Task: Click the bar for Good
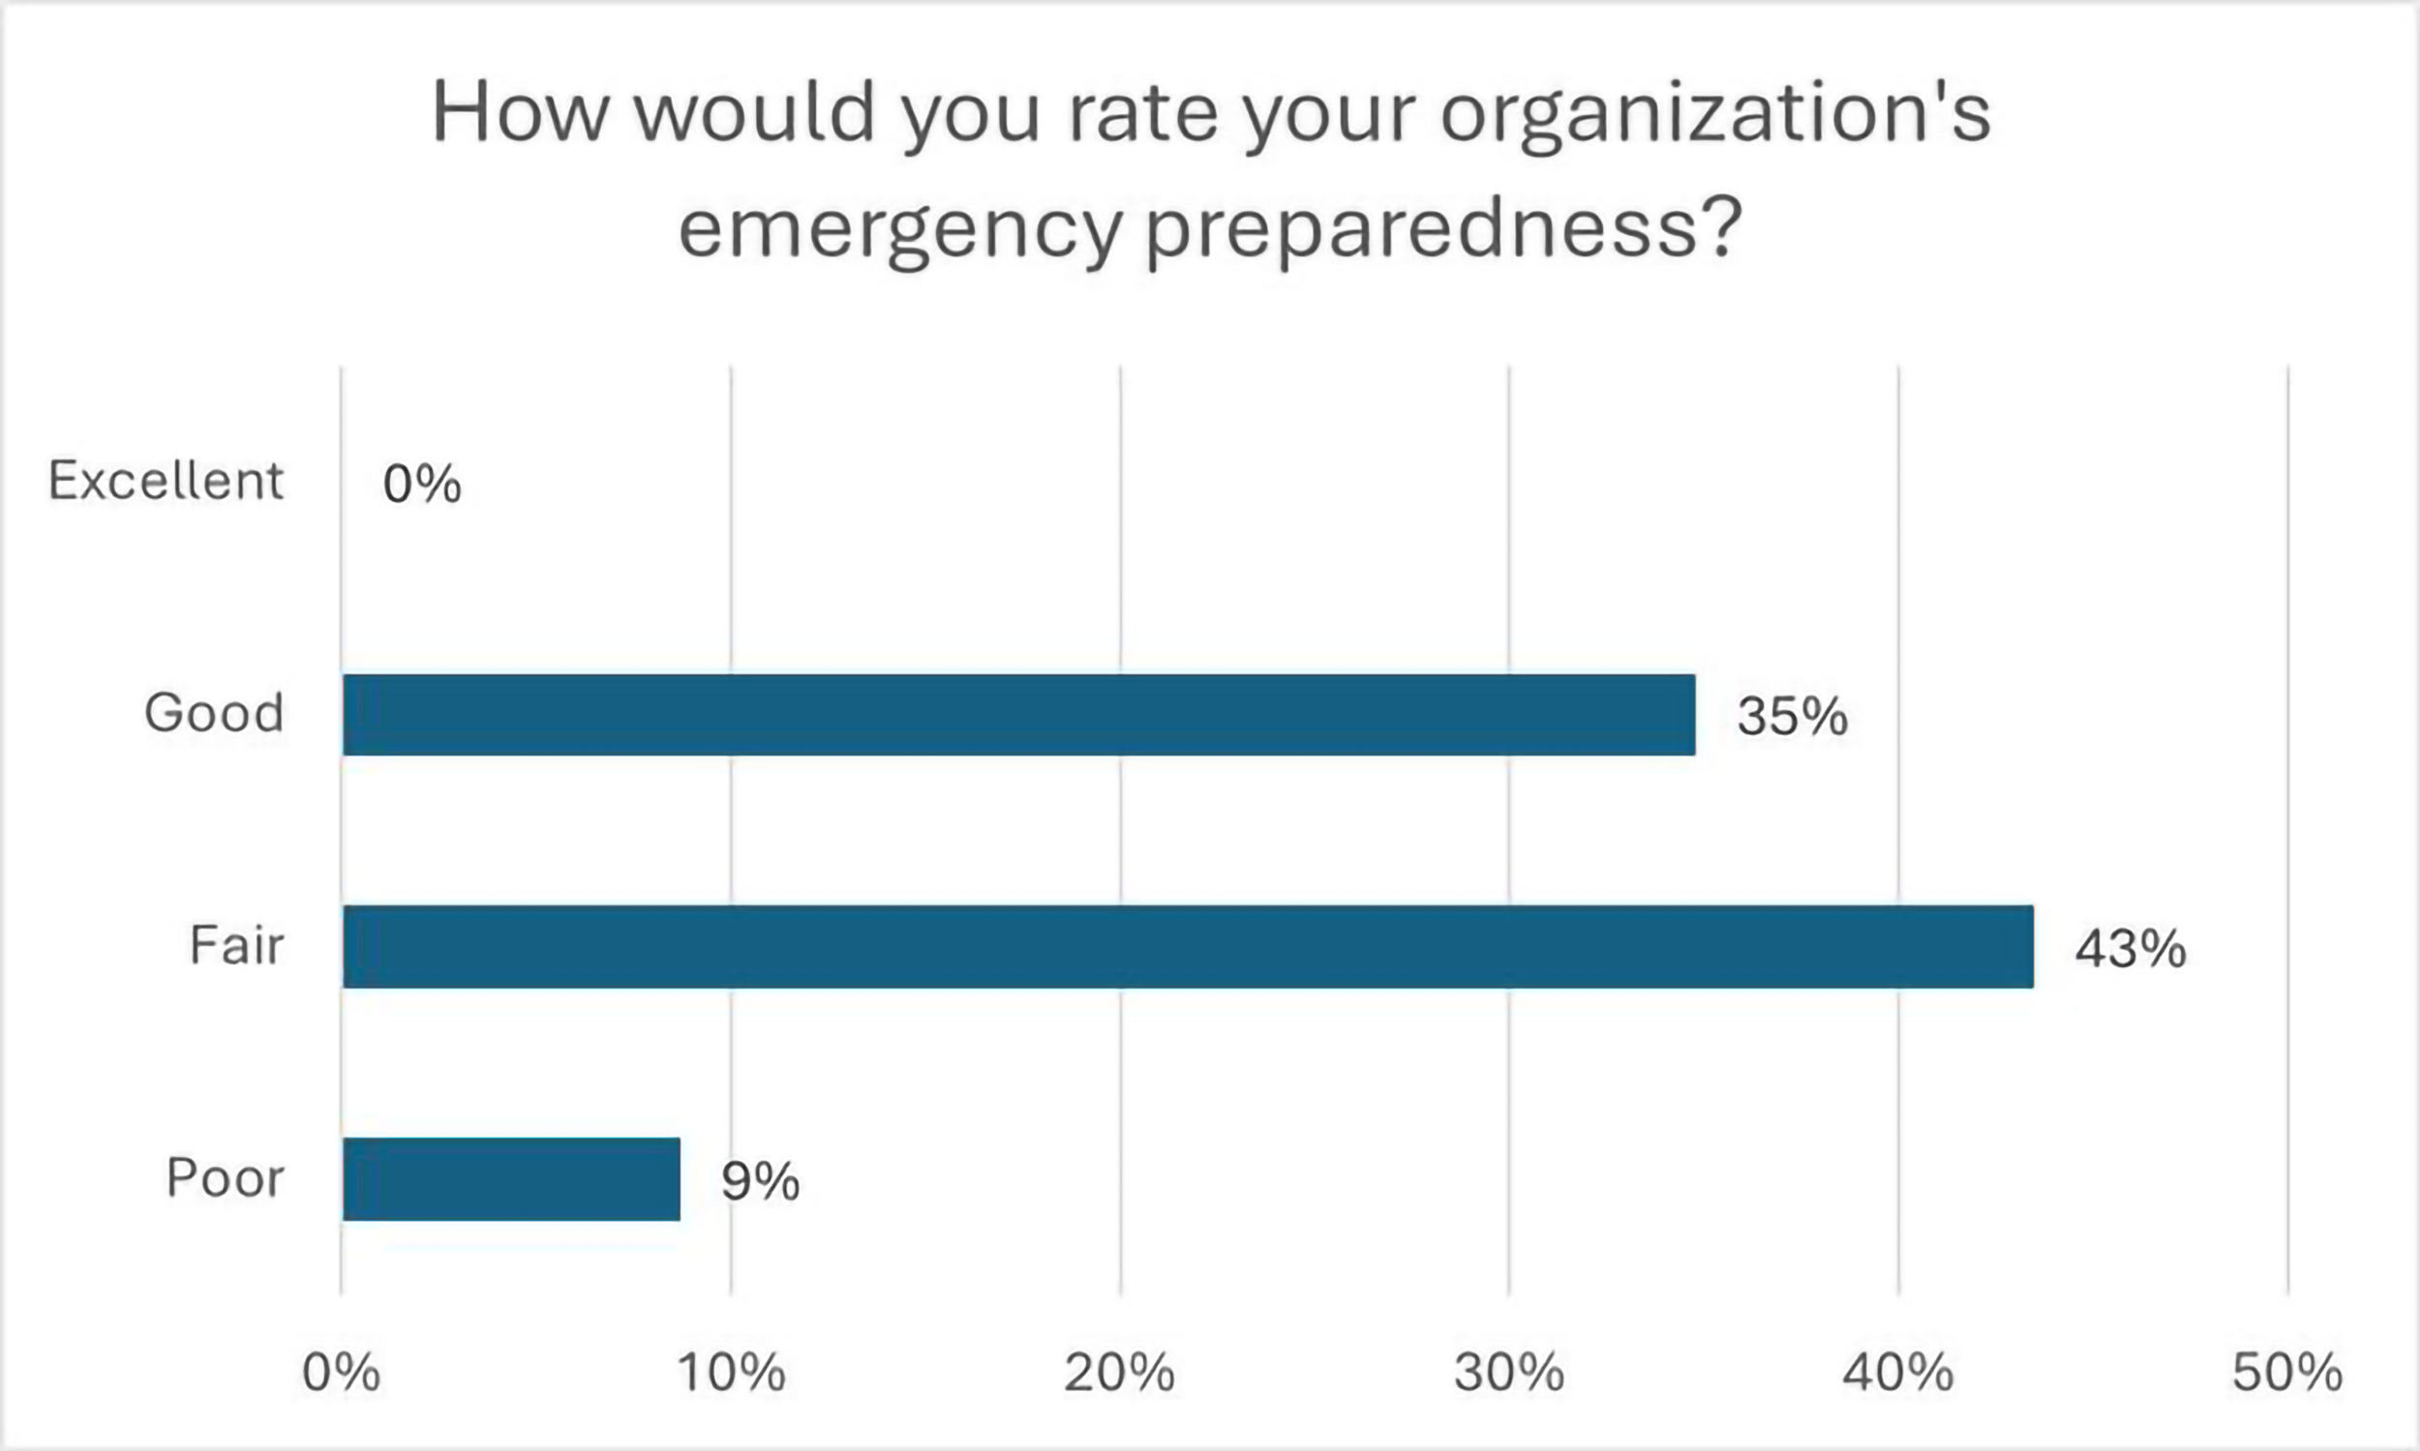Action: (x=1018, y=715)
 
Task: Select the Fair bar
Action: (x=1188, y=946)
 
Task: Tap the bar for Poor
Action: (x=510, y=1179)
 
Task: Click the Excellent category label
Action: (x=166, y=481)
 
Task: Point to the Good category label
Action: (x=214, y=713)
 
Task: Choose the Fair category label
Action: (x=237, y=945)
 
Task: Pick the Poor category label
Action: (x=225, y=1177)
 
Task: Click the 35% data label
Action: (x=1792, y=716)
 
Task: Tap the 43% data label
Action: (x=2131, y=948)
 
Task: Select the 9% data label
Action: (x=760, y=1181)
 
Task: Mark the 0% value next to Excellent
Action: (x=422, y=484)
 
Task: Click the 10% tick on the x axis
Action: (x=732, y=1373)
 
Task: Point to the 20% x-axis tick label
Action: (x=1119, y=1373)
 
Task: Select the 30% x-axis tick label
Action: (x=1508, y=1373)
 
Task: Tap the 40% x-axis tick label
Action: (x=1897, y=1373)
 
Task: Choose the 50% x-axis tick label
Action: (x=2287, y=1373)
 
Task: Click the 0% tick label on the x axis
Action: (x=342, y=1373)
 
